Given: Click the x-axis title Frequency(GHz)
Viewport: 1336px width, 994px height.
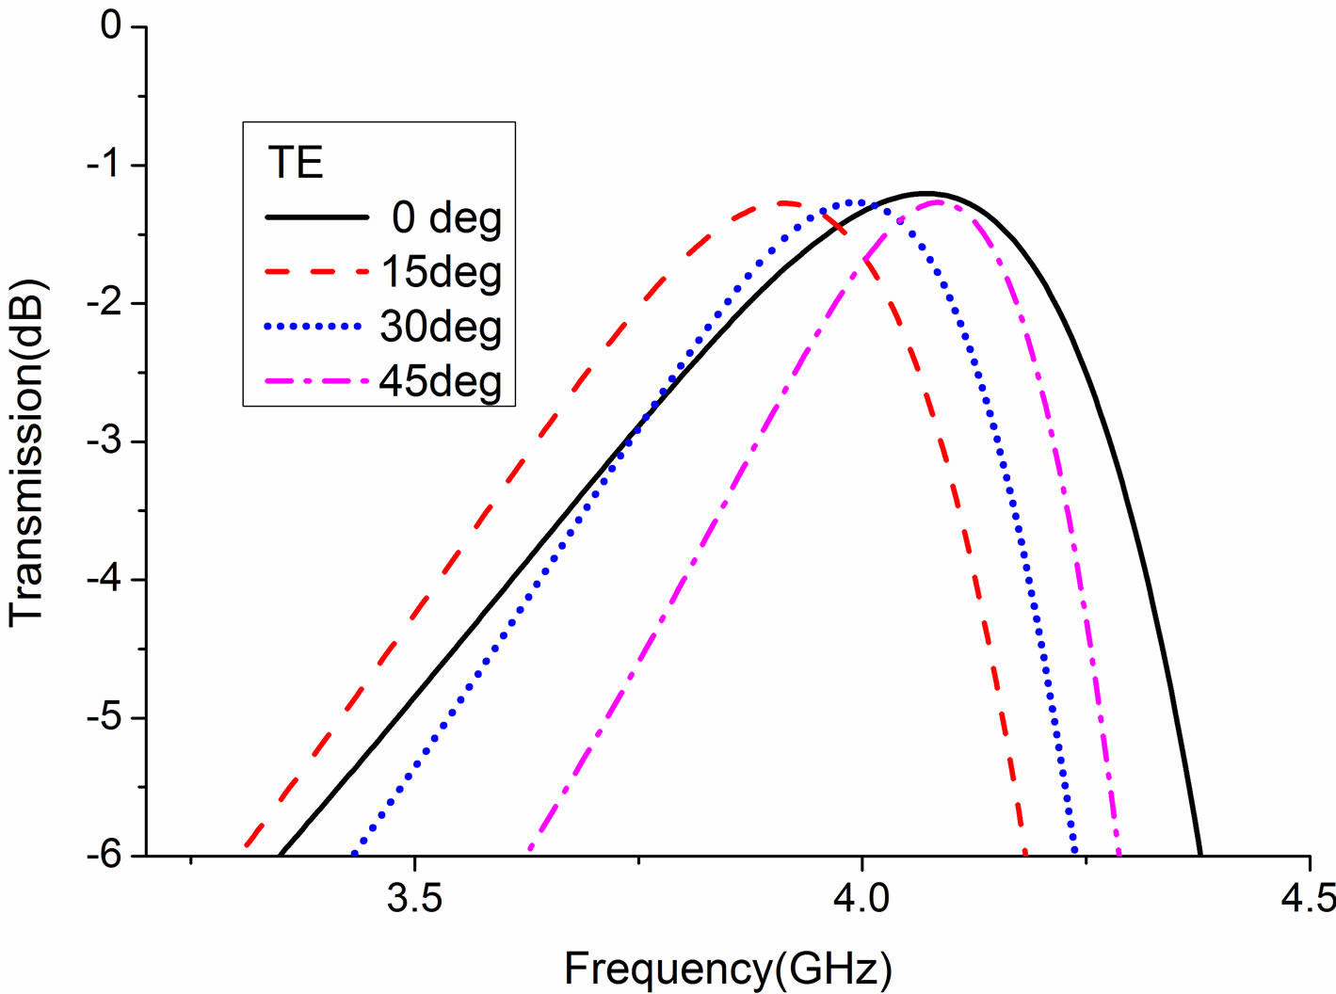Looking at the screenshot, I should [x=727, y=969].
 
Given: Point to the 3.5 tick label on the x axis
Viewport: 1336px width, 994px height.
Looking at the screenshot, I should [x=414, y=898].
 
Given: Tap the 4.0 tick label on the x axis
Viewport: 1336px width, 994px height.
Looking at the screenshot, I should [x=861, y=898].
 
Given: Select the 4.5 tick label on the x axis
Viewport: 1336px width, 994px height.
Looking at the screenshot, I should [x=1309, y=898].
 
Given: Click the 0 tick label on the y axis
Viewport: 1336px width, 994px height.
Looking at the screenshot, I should [x=110, y=25].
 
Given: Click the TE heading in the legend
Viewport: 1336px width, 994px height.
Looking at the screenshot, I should [x=296, y=163].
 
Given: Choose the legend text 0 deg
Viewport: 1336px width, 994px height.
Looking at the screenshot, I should [x=446, y=217].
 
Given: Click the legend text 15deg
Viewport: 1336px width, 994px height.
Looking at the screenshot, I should [x=441, y=272].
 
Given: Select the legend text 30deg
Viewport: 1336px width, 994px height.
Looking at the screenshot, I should [x=441, y=327].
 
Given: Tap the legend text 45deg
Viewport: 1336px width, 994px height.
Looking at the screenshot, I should [x=441, y=381].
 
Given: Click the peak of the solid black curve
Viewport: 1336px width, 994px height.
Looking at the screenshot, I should [x=925, y=192].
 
